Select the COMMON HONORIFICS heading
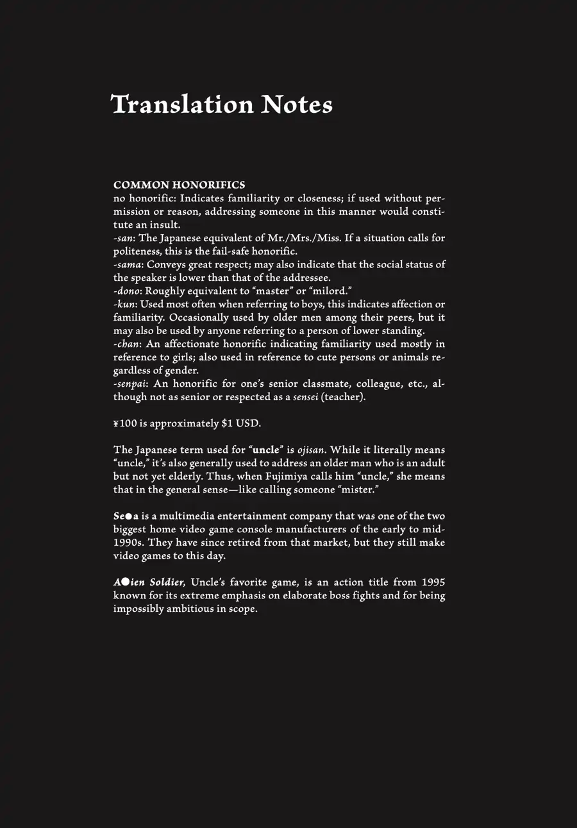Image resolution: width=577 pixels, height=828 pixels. (x=179, y=185)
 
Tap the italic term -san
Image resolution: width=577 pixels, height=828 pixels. (x=124, y=238)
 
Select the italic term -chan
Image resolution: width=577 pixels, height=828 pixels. (x=127, y=344)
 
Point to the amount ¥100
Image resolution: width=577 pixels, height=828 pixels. (x=124, y=423)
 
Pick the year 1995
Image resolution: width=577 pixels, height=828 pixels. (x=433, y=582)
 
